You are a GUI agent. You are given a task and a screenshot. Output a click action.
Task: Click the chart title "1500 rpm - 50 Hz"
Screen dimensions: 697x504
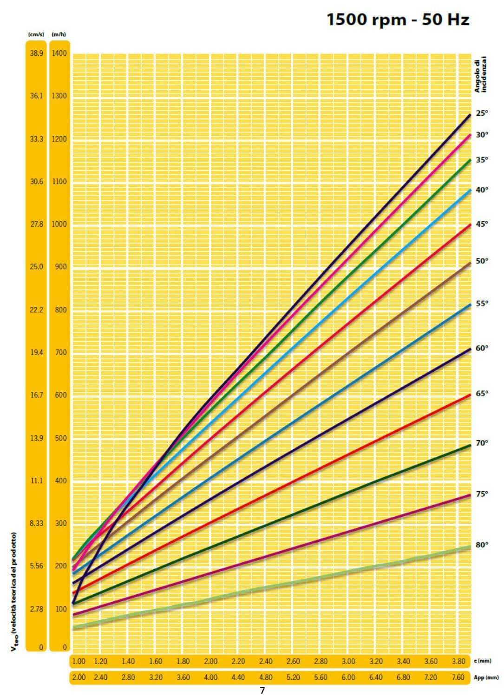[398, 20]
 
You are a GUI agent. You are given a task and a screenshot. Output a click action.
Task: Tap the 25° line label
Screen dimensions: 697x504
[482, 113]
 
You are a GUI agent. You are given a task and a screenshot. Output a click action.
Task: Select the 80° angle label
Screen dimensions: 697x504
[482, 545]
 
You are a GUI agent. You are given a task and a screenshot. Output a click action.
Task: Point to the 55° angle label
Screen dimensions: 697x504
[482, 303]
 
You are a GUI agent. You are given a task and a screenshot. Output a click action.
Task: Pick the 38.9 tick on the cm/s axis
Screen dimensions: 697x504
[36, 53]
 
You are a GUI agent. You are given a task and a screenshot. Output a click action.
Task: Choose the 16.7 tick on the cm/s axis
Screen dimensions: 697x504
[36, 395]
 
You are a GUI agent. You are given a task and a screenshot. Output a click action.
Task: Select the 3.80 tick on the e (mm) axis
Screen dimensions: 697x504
[458, 661]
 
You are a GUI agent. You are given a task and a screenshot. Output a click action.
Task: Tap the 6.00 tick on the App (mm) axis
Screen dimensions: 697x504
[348, 677]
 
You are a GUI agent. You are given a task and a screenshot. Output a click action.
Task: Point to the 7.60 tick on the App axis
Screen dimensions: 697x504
[458, 677]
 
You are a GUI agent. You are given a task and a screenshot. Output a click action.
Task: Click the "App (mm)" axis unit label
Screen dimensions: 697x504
[487, 678]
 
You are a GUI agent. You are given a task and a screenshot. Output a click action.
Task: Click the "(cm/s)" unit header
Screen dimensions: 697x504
[36, 34]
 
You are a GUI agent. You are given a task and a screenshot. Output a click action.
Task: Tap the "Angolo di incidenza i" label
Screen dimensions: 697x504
[480, 74]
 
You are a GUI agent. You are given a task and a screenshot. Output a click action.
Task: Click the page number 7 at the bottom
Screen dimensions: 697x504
[262, 691]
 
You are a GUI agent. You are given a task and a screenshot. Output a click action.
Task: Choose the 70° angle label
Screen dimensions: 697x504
[482, 443]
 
